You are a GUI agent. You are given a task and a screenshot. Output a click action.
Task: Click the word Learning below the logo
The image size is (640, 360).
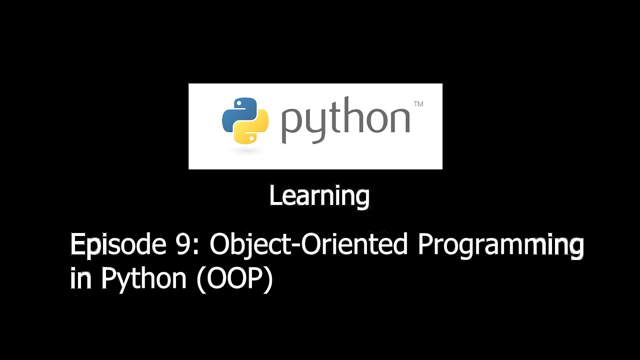319,196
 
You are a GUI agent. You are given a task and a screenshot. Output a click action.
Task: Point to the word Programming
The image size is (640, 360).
500,246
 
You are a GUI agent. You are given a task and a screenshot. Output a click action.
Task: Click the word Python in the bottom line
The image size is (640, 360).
143,279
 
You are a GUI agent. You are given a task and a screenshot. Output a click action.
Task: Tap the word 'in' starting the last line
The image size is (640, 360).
80,279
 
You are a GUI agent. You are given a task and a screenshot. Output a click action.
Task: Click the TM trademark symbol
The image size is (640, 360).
418,104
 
